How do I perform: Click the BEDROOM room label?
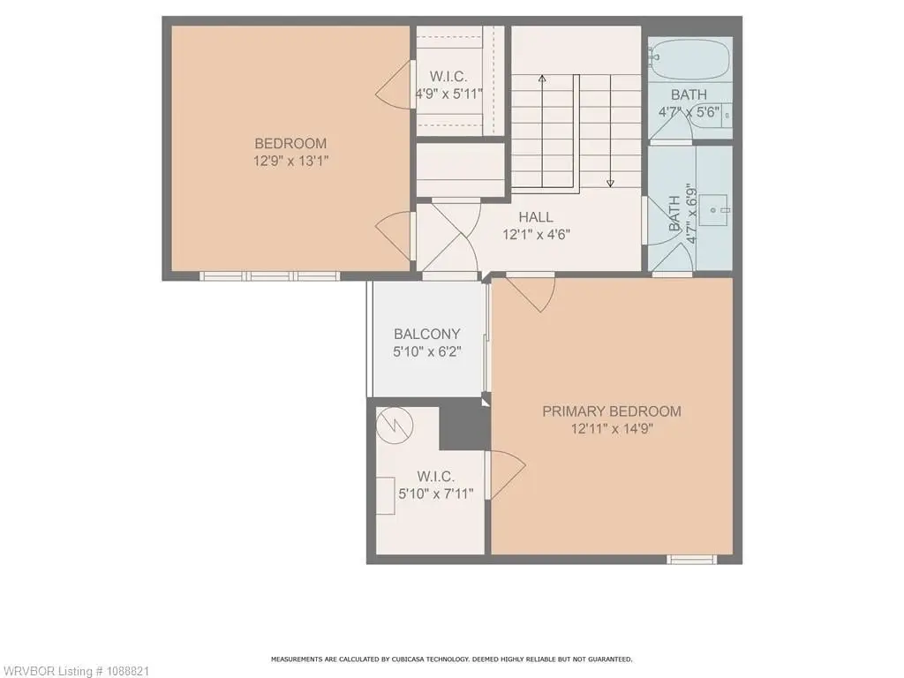290,144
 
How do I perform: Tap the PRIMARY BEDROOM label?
612,411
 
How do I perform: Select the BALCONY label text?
427,335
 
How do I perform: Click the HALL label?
536,217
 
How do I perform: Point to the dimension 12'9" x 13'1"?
290,161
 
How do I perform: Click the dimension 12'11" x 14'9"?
612,429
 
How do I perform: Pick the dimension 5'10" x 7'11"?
436,494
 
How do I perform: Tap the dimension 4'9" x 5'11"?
449,94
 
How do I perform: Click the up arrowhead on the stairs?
542,79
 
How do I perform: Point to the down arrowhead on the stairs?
610,184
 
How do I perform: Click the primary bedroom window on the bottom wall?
692,559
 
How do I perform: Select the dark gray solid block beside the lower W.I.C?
464,424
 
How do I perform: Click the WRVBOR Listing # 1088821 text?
75,671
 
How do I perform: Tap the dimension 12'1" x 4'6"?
536,235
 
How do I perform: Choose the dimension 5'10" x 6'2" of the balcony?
427,351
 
